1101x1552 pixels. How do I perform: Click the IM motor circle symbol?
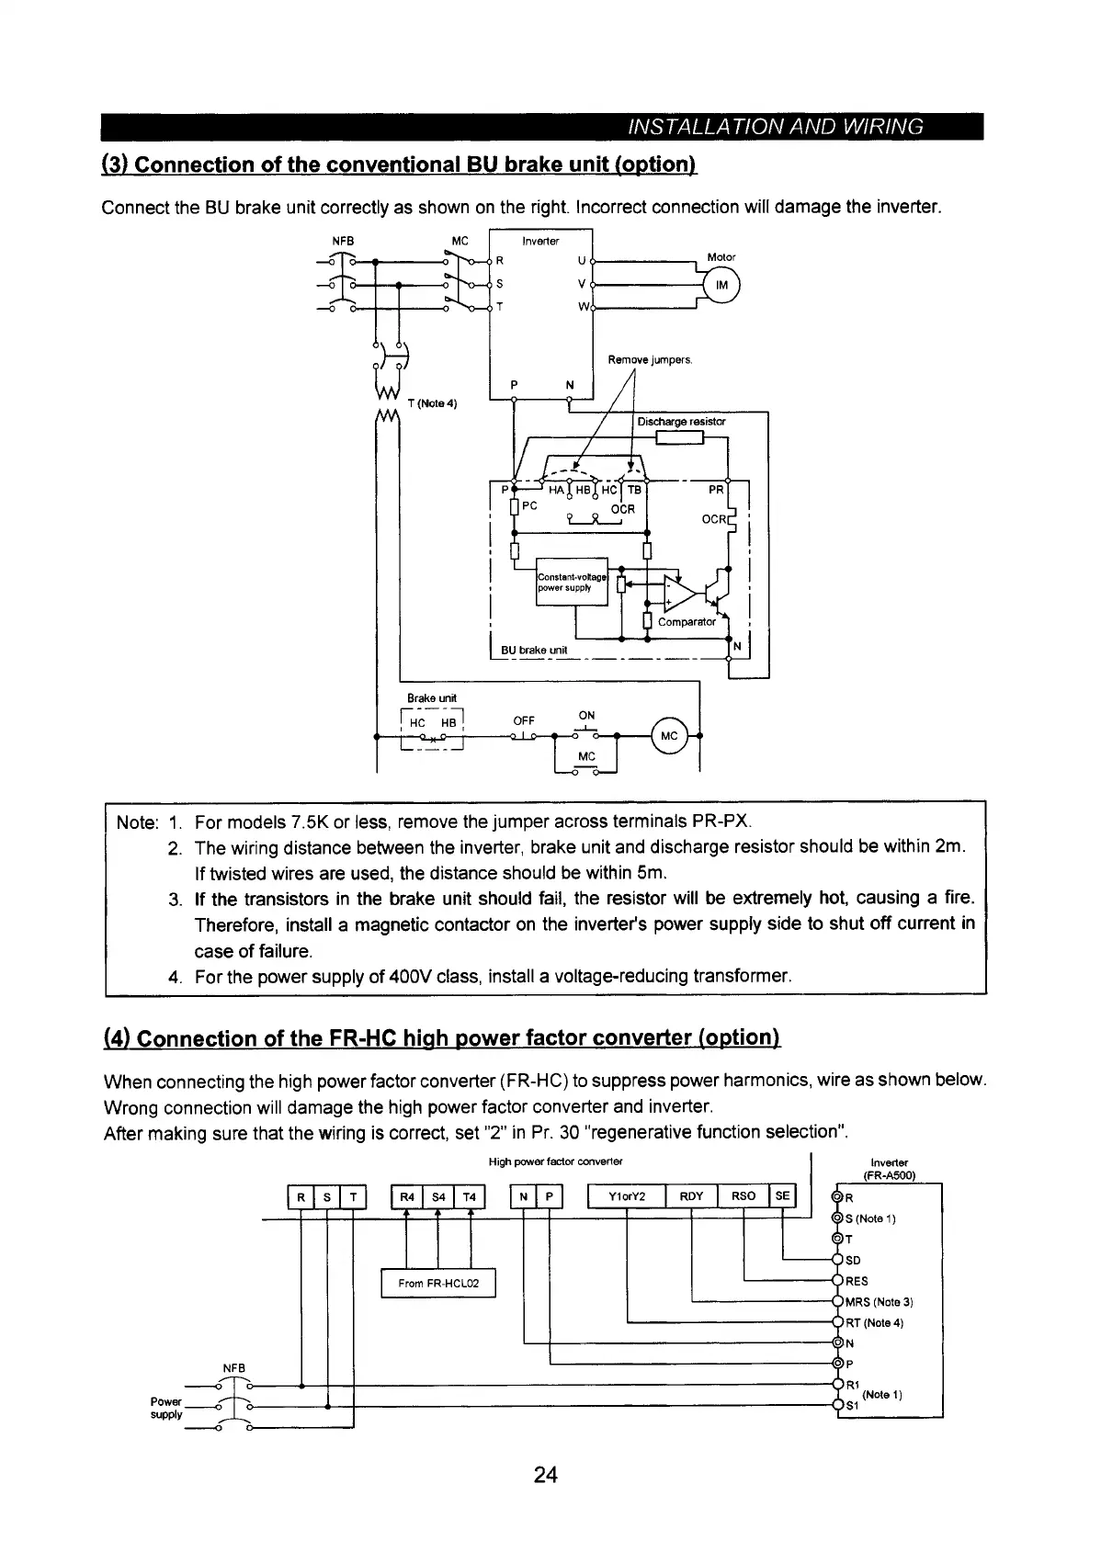pyautogui.click(x=721, y=286)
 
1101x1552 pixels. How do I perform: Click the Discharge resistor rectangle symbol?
pyautogui.click(x=675, y=436)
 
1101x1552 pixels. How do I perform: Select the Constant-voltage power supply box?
pyautogui.click(x=571, y=582)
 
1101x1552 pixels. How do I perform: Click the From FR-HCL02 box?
pyautogui.click(x=438, y=1283)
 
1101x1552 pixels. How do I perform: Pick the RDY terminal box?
pyautogui.click(x=690, y=1195)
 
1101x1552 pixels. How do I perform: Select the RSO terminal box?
pyautogui.click(x=743, y=1195)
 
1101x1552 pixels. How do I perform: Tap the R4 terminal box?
pyautogui.click(x=405, y=1195)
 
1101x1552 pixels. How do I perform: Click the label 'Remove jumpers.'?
pyautogui.click(x=650, y=360)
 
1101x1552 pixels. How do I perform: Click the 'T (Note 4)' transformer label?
pyautogui.click(x=437, y=403)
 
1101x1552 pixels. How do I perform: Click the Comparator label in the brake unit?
pyautogui.click(x=687, y=622)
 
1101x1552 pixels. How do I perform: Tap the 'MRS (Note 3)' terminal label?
pyautogui.click(x=879, y=1302)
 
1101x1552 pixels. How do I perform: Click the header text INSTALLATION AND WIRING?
pyautogui.click(x=772, y=127)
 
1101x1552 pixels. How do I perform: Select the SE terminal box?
pyautogui.click(x=782, y=1195)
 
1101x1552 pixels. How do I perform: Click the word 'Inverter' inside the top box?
pyautogui.click(x=540, y=241)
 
